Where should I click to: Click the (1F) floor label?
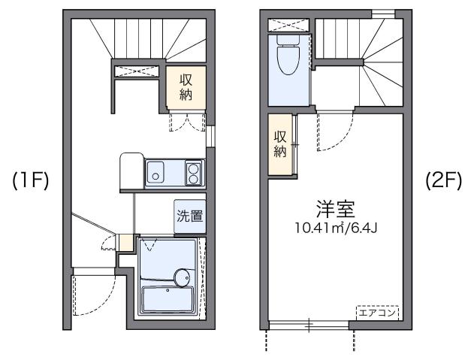tap(30, 183)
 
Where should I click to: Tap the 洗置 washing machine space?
tap(189, 216)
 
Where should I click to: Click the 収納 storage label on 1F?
tap(186, 86)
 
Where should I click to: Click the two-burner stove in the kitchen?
tap(194, 174)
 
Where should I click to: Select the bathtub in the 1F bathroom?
tap(167, 301)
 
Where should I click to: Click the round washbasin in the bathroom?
tap(182, 277)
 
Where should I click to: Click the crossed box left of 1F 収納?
tap(137, 71)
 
